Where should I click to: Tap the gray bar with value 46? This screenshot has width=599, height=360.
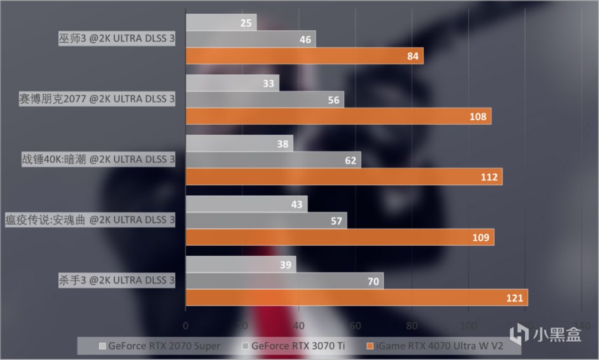[250, 39]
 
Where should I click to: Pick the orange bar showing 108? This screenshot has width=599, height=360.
[338, 116]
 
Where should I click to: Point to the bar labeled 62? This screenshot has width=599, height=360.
[273, 160]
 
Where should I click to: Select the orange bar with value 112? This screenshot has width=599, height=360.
[343, 177]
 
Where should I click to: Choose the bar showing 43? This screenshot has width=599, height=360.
[246, 204]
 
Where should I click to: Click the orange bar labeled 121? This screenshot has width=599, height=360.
[356, 298]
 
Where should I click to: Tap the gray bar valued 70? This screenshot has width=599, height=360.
[284, 281]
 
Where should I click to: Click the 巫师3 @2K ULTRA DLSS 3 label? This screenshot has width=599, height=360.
[116, 39]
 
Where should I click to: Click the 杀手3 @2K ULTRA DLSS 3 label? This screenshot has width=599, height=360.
[116, 281]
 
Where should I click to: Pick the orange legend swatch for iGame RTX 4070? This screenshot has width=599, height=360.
[370, 346]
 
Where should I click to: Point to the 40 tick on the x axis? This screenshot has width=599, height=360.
[298, 325]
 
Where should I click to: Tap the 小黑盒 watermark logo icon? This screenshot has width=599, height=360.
[520, 333]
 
